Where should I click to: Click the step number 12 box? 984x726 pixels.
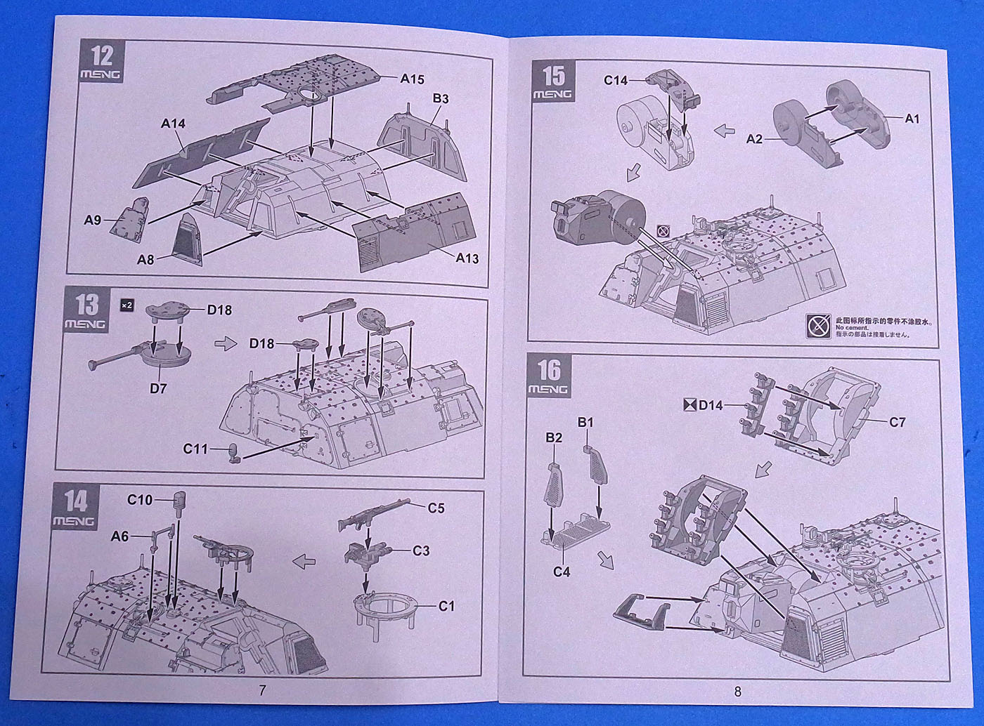(x=101, y=61)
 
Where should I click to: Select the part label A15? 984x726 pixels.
(x=412, y=79)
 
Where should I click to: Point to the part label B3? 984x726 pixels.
(x=440, y=98)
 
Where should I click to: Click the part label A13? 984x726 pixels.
(x=467, y=258)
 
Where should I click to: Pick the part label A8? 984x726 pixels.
(x=145, y=260)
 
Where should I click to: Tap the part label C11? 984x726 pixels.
(x=195, y=448)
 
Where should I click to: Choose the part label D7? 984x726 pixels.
(x=158, y=388)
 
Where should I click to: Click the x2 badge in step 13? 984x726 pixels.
(x=127, y=305)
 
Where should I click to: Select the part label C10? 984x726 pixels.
(x=140, y=500)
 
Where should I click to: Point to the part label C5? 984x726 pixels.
(x=436, y=508)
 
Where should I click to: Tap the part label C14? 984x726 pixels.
(x=616, y=80)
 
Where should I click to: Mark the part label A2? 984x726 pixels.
(x=754, y=139)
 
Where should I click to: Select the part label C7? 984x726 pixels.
(x=897, y=422)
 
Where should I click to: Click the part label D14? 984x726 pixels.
(x=711, y=404)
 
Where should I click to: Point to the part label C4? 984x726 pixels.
(x=561, y=572)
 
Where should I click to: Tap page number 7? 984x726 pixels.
(x=262, y=691)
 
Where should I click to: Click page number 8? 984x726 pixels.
(x=737, y=692)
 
